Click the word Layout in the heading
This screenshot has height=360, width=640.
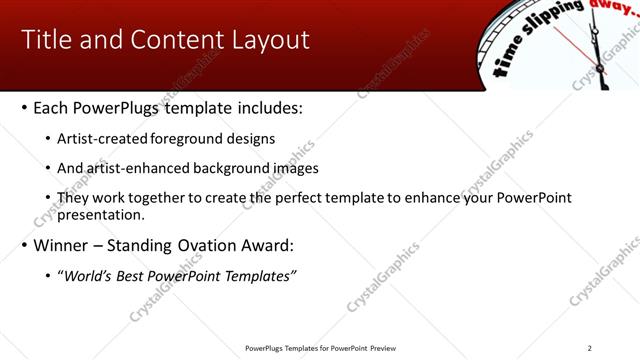[273, 40]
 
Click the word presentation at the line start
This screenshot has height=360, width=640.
[101, 214]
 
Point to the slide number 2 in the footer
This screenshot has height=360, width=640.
[589, 348]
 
